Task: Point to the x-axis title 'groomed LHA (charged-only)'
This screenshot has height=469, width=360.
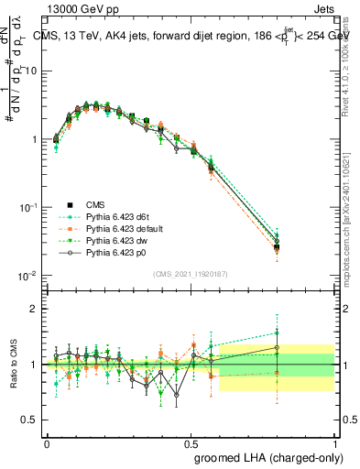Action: [267, 456]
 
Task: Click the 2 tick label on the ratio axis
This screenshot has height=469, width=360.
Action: [37, 309]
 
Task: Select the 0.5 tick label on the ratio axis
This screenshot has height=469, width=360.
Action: [33, 420]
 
